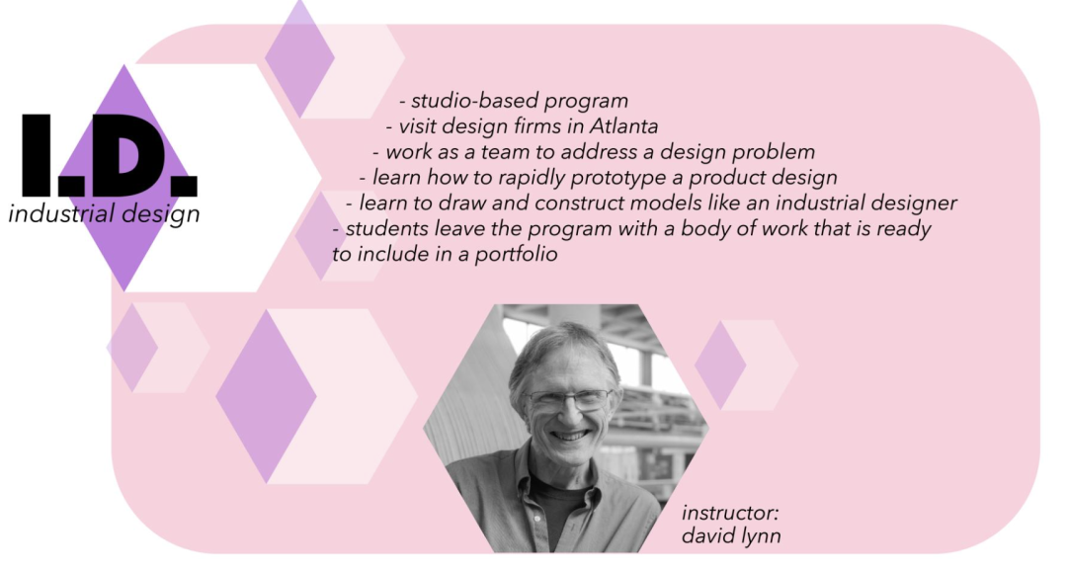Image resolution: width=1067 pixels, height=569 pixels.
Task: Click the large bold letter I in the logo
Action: point(37,156)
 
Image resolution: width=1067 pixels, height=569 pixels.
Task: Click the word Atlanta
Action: point(624,125)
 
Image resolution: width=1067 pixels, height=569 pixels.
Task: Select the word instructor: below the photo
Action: point(730,512)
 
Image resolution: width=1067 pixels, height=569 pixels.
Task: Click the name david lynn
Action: point(731,536)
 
